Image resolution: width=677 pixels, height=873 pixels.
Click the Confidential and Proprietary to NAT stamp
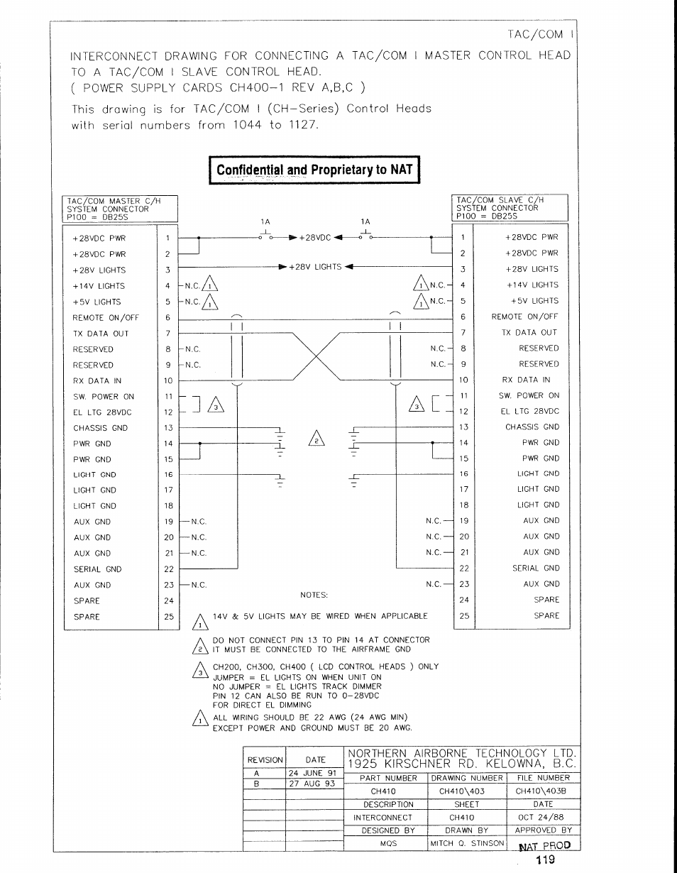314,170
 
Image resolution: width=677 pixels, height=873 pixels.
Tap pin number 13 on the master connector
168,428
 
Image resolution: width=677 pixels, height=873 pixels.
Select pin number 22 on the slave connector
464,569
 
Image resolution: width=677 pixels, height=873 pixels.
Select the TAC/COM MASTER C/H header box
119,209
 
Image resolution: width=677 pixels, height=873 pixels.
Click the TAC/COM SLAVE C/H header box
510,209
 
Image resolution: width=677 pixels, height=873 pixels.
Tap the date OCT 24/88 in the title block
543,818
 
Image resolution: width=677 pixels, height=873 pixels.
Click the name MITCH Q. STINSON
466,844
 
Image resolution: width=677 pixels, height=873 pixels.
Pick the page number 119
545,860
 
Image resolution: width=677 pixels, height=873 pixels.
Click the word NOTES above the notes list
314,595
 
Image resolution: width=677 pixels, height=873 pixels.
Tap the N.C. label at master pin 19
199,522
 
